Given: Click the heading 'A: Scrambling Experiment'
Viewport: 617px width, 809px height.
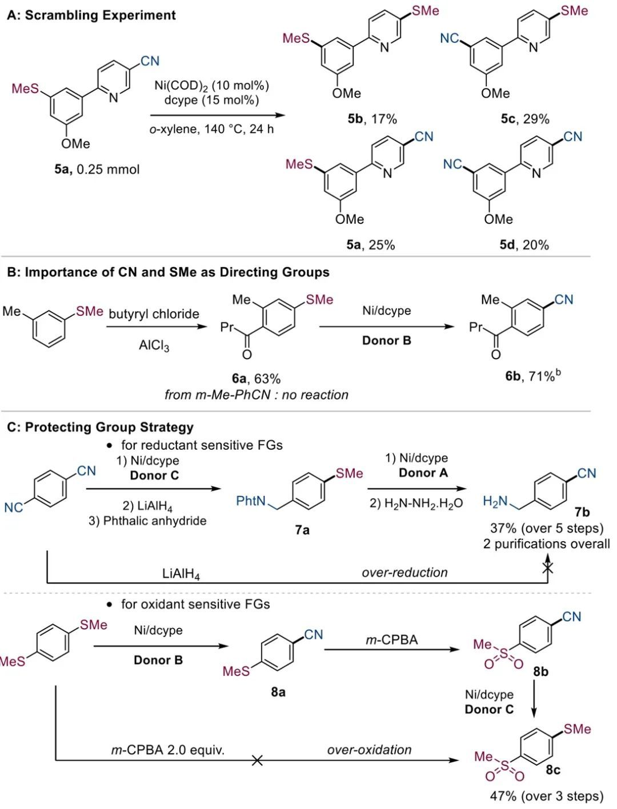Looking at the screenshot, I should click(91, 15).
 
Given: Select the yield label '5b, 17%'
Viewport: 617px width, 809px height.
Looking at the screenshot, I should click(372, 119).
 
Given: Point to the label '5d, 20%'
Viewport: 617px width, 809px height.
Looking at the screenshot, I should click(524, 245).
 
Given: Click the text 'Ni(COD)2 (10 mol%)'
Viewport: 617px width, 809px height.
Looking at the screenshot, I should click(211, 86).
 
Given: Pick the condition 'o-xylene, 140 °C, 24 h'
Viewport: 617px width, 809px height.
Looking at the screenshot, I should click(211, 129).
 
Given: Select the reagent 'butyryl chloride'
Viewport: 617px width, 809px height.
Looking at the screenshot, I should click(154, 313).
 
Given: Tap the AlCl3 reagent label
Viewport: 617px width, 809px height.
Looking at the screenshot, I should click(154, 346).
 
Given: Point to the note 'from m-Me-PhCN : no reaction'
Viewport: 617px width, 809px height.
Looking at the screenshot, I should click(257, 395).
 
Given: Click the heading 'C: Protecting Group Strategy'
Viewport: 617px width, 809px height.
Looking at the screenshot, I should click(100, 427).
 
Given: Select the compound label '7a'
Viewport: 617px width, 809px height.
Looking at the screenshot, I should click(302, 530).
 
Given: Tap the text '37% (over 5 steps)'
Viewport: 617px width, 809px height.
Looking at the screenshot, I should click(546, 528).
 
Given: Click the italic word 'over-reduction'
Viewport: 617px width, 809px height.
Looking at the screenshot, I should click(404, 572).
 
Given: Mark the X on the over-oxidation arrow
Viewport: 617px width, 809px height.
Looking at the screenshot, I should click(258, 760).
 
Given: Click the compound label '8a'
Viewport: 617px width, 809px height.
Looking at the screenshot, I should click(278, 692).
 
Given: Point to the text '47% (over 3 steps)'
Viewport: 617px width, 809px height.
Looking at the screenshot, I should click(546, 796).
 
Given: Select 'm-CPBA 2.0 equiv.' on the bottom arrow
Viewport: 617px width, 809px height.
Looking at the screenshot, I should click(167, 750).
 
